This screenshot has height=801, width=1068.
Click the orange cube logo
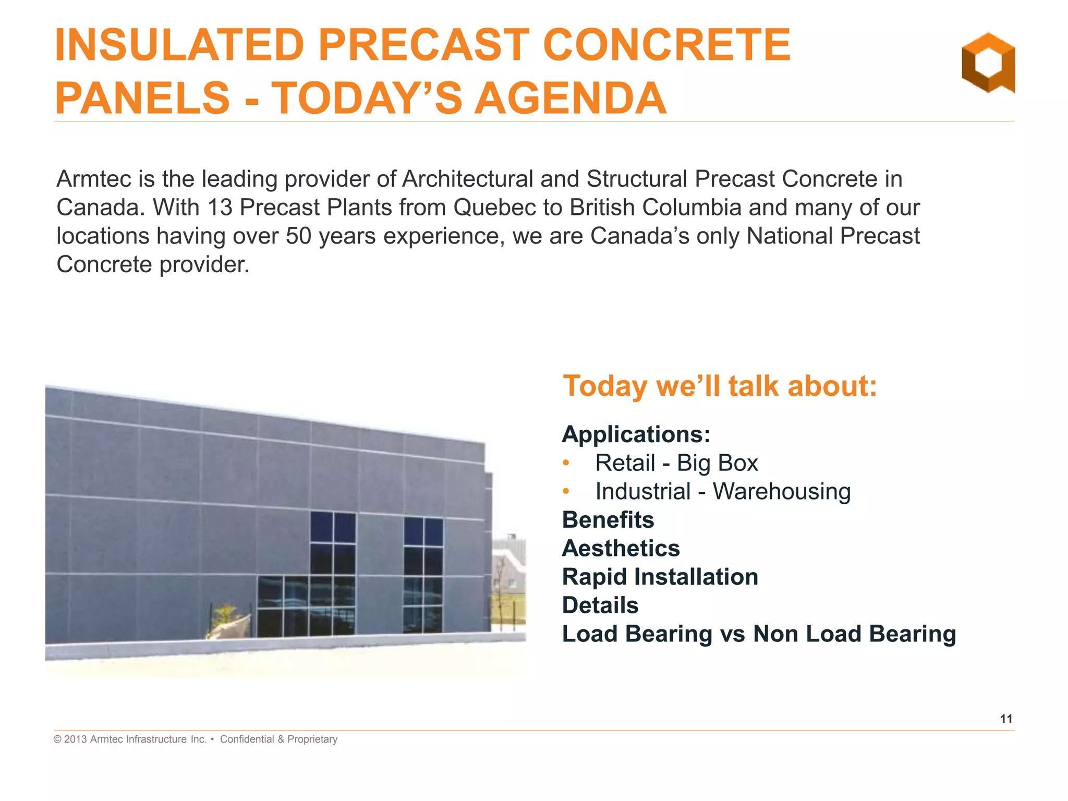pyautogui.click(x=988, y=63)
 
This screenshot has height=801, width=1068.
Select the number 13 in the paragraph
pyautogui.click(x=220, y=208)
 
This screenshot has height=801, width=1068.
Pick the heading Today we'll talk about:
pyautogui.click(x=720, y=386)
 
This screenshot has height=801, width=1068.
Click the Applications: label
pyautogui.click(x=636, y=434)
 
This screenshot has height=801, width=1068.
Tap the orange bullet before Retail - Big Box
pyautogui.click(x=566, y=463)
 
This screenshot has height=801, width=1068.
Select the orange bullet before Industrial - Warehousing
pyautogui.click(x=566, y=491)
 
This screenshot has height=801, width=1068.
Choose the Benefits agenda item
pyautogui.click(x=608, y=520)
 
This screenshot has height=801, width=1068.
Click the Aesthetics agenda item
pyautogui.click(x=621, y=549)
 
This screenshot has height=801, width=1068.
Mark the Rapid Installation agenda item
pyautogui.click(x=660, y=577)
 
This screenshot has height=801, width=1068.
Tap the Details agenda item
pyautogui.click(x=600, y=605)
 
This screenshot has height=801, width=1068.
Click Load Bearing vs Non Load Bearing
pyautogui.click(x=759, y=634)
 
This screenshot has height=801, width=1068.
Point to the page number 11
pyautogui.click(x=1006, y=719)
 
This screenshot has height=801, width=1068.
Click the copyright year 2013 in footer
pyautogui.click(x=75, y=739)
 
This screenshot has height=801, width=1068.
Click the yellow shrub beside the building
pyautogui.click(x=225, y=615)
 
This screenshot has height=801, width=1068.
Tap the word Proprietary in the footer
pyautogui.click(x=312, y=739)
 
